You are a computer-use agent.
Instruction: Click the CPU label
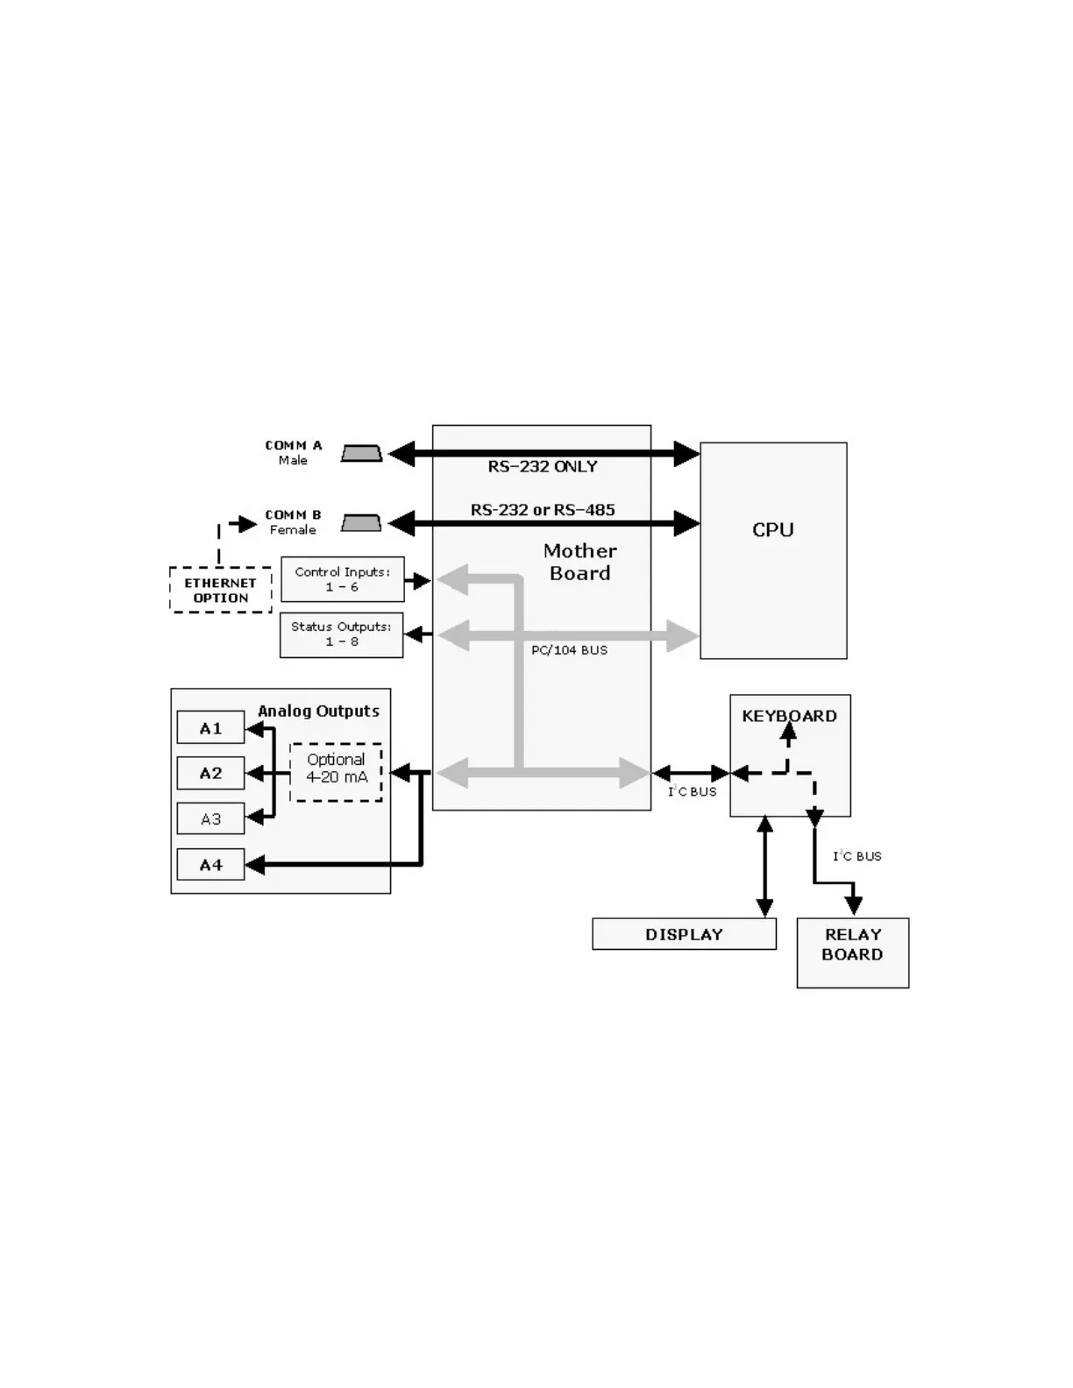pos(772,530)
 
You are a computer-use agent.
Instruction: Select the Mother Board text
pos(579,562)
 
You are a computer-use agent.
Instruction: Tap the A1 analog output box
pos(210,727)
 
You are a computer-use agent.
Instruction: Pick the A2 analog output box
pos(210,773)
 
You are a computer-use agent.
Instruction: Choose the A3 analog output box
pos(210,818)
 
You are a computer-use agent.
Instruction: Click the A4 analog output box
pos(210,865)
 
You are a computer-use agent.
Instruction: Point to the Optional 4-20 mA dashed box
pos(336,771)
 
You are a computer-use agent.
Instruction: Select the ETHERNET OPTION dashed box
pos(220,590)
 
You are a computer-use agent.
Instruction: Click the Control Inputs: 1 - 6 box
pos(342,579)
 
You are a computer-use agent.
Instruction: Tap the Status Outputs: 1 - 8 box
pos(341,634)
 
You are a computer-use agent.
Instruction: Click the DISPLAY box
pos(684,934)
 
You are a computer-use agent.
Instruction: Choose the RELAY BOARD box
pos(852,952)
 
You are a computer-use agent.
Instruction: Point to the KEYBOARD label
pos(789,716)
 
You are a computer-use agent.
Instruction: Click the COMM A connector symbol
pos(361,453)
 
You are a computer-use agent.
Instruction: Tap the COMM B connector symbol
pos(361,523)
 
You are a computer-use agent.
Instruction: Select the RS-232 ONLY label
pos(543,467)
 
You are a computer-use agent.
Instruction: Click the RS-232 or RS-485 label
pos(543,509)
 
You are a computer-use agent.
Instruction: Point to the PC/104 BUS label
pos(569,650)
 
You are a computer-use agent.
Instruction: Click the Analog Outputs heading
pos(318,711)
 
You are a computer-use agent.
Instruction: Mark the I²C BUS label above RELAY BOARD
pos(856,856)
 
